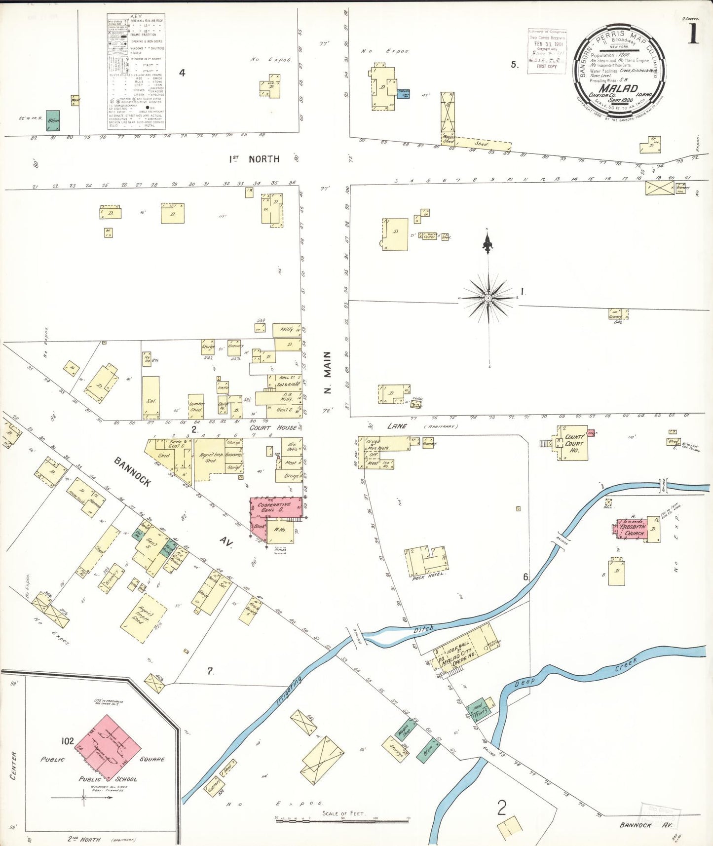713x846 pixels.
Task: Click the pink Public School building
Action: [x=109, y=747]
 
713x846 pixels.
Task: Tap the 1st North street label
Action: [x=254, y=159]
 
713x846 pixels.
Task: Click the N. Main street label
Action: [x=328, y=373]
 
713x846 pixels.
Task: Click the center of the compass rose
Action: [x=488, y=298]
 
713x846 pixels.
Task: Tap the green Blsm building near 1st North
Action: [x=53, y=120]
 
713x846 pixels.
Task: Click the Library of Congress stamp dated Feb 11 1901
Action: [x=547, y=51]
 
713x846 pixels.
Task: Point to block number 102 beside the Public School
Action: [x=68, y=741]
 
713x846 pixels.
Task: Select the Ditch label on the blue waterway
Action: [x=423, y=629]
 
